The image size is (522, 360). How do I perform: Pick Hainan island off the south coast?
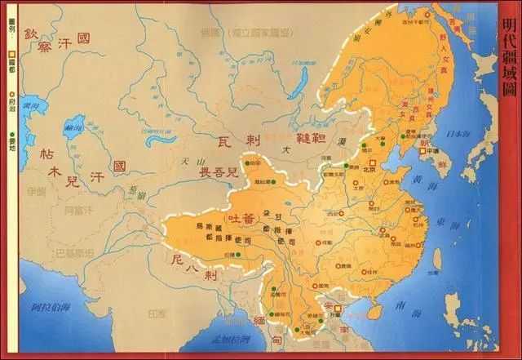374,312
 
